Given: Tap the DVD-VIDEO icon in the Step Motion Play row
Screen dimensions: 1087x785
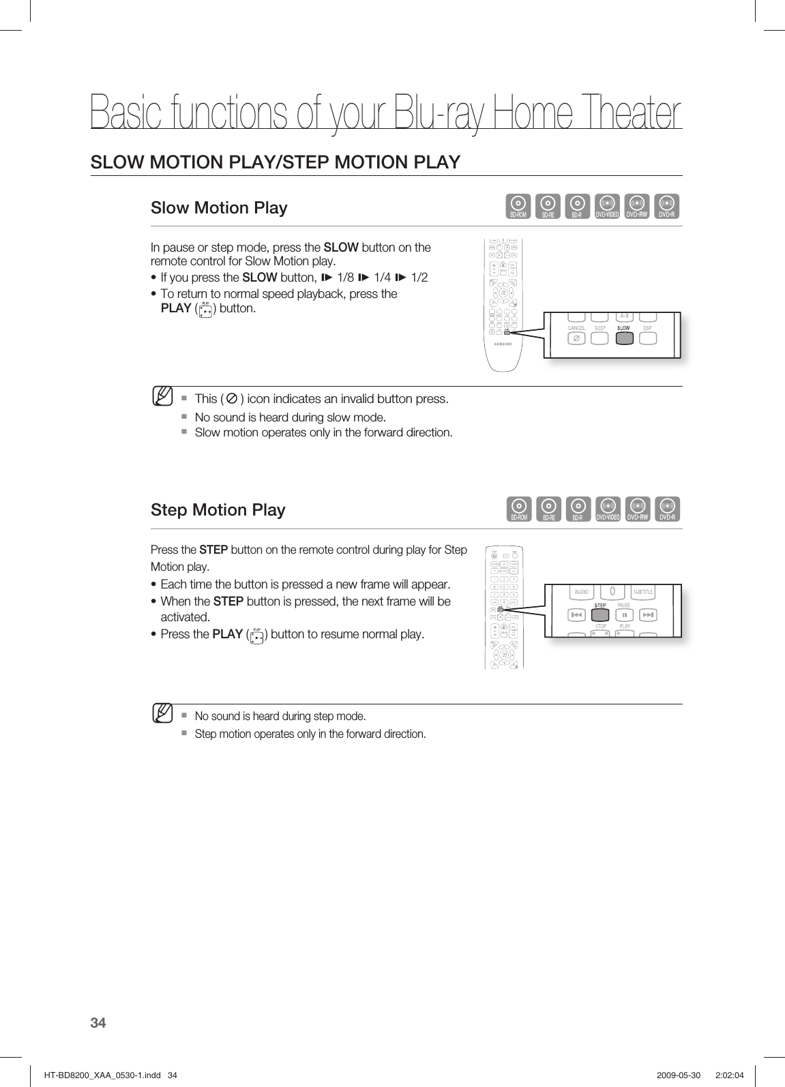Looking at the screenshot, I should pos(608,509).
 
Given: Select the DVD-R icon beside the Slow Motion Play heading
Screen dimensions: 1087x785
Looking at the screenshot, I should pos(667,207).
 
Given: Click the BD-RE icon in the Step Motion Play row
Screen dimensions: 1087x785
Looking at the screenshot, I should pos(548,509).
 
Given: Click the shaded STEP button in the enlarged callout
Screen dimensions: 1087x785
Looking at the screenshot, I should pos(601,615).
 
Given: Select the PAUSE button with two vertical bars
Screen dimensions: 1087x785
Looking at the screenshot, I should pos(624,615).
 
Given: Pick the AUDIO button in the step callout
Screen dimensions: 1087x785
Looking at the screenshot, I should pos(582,592).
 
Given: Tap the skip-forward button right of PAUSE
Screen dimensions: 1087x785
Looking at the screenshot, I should pos(648,615).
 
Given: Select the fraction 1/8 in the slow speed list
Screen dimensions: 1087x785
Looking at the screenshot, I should pos(346,278).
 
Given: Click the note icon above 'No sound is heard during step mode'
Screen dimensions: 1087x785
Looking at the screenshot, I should pos(162,713).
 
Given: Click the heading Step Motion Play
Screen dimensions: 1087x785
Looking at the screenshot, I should pos(218,509).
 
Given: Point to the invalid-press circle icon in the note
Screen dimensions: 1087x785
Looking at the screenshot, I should pos(231,398).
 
